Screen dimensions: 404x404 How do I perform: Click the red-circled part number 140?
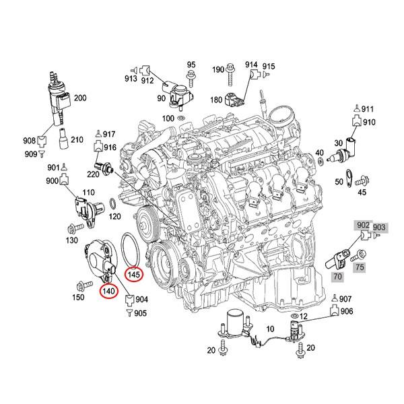pyautogui.click(x=108, y=291)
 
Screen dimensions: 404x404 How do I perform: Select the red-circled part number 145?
pyautogui.click(x=134, y=275)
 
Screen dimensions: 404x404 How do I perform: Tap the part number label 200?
pyautogui.click(x=80, y=98)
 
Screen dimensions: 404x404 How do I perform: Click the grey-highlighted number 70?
pyautogui.click(x=337, y=276)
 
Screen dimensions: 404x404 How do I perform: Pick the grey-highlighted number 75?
pyautogui.click(x=360, y=267)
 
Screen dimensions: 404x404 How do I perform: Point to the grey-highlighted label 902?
pyautogui.click(x=363, y=225)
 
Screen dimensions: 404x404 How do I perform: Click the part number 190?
pyautogui.click(x=218, y=69)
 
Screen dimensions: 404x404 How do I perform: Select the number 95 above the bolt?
pyautogui.click(x=191, y=65)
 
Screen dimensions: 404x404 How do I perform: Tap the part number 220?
pyautogui.click(x=92, y=173)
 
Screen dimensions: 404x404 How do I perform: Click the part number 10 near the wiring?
pyautogui.click(x=270, y=329)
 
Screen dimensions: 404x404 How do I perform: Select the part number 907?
pyautogui.click(x=345, y=299)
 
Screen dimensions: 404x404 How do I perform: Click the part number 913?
pyautogui.click(x=130, y=79)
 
